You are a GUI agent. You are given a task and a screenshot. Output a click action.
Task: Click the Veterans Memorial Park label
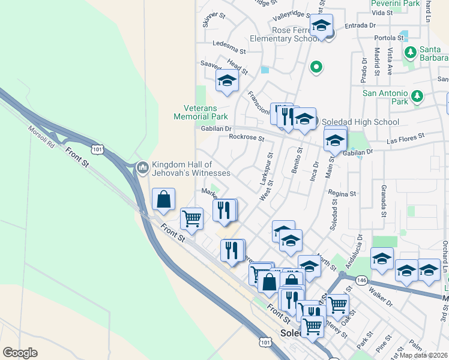tap(201, 112)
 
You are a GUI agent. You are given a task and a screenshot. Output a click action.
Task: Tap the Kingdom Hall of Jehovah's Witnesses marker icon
tap(142, 168)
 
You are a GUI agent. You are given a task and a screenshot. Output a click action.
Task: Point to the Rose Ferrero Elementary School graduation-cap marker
tap(321, 26)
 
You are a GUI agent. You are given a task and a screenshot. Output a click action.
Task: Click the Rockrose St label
tap(246, 137)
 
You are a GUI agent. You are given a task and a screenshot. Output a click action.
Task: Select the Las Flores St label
tap(406, 139)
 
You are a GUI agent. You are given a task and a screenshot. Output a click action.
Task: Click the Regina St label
tap(343, 194)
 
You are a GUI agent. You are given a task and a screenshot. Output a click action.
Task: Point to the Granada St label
tap(382, 200)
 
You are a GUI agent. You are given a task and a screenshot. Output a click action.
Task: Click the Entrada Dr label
tap(360, 25)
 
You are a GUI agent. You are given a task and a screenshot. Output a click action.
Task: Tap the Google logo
tap(20, 353)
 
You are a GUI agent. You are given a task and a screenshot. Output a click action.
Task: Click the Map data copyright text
tap(424, 355)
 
